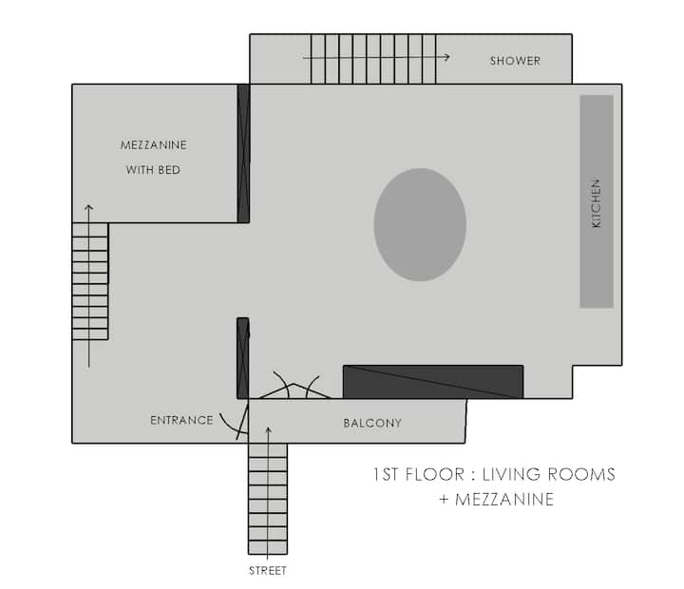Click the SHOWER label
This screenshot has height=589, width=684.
tap(515, 61)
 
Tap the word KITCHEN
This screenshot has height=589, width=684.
tap(596, 203)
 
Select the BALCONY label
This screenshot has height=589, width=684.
tap(372, 423)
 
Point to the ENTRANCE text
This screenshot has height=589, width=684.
tap(181, 420)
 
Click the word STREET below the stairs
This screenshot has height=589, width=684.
tap(267, 571)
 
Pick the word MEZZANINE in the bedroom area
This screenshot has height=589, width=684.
tap(154, 144)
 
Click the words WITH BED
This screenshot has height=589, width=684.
tap(153, 170)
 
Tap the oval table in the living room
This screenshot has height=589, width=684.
tap(420, 225)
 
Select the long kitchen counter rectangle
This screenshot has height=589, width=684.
tap(597, 201)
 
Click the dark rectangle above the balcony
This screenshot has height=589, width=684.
tap(433, 382)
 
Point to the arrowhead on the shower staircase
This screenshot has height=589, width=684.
tap(447, 57)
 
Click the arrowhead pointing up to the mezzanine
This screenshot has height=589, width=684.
tap(88, 208)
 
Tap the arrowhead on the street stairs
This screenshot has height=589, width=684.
tap(268, 430)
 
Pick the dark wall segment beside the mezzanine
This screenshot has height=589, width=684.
tap(243, 153)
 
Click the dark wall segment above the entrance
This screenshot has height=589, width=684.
tap(243, 358)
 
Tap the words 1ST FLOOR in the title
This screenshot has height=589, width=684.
tap(419, 474)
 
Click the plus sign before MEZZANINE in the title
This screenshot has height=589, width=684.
tap(444, 499)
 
